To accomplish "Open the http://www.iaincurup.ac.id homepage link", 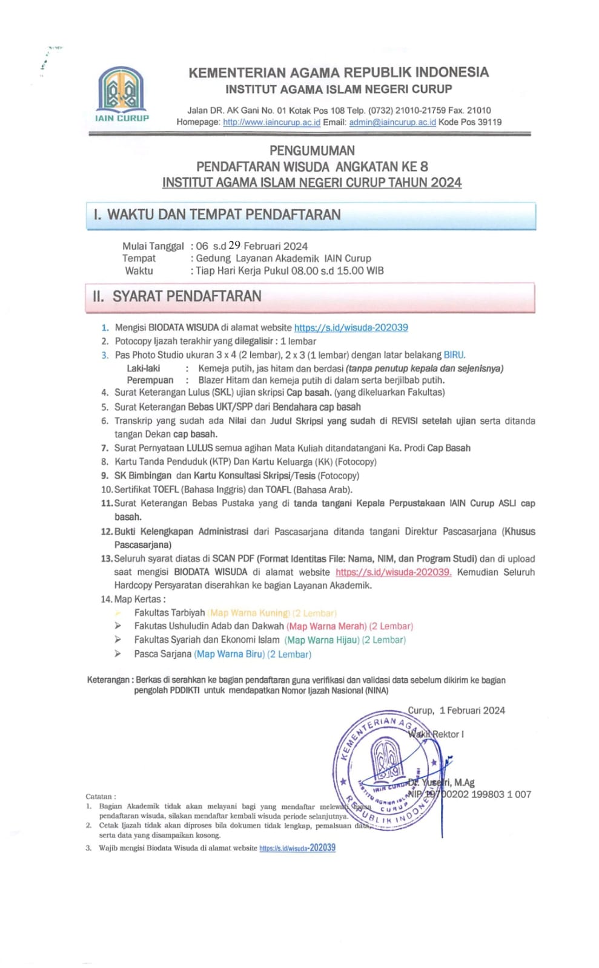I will pos(271,122).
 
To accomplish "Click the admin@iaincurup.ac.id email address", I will pos(392,122).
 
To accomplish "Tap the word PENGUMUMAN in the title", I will pos(312,151).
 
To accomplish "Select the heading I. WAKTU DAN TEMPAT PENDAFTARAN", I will pos(217,215).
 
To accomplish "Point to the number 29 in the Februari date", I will pos(234,246).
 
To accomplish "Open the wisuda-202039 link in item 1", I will pos(351,328).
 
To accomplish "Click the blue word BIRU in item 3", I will pos(454,355).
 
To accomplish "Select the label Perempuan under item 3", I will pos(150,381).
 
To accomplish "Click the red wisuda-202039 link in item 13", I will pos(393,572).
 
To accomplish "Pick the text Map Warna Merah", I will pos(326,626).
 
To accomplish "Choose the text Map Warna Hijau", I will pos(322,640).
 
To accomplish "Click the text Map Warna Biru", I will pos(230,655).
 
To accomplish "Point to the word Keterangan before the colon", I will pos(108,680).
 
